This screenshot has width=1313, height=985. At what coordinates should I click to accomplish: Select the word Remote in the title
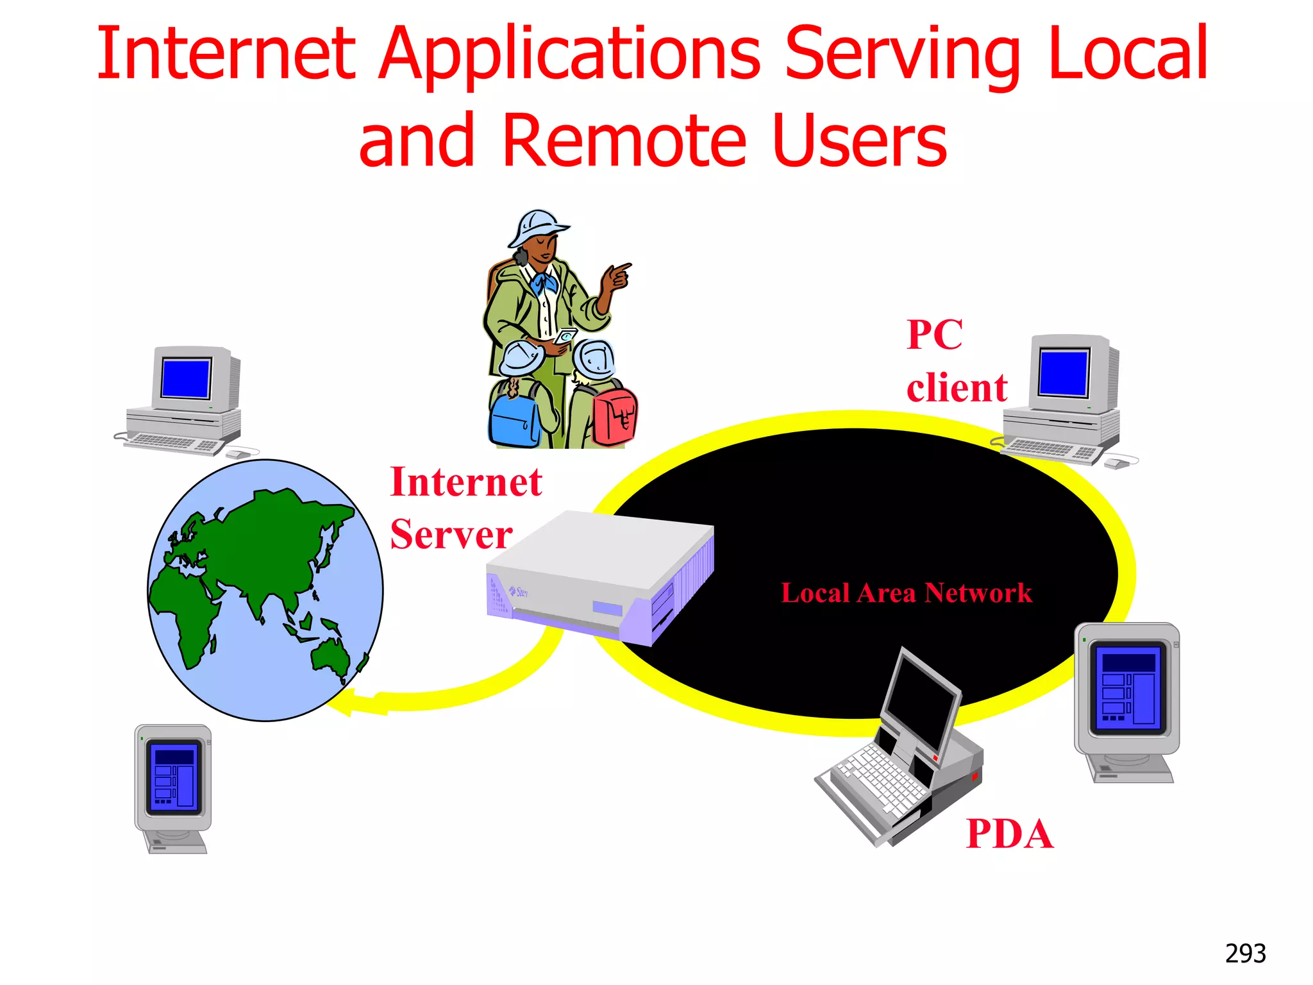[x=624, y=140]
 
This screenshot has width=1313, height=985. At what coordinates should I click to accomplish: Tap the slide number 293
[x=1245, y=954]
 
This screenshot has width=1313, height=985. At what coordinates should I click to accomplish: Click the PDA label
[x=1009, y=834]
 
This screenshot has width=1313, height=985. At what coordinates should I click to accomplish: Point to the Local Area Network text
[x=906, y=593]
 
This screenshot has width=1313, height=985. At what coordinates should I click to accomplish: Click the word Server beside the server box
[x=451, y=535]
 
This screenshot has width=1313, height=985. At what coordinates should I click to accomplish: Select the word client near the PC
[x=957, y=388]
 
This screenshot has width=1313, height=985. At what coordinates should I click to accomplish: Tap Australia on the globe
[x=330, y=657]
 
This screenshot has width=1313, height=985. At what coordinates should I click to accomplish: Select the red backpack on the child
[x=614, y=417]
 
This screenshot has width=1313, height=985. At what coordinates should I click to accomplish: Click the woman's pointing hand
[x=615, y=276]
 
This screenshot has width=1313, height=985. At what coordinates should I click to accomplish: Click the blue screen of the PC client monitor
[x=1064, y=373]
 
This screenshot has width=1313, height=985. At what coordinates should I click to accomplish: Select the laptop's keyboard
[x=878, y=782]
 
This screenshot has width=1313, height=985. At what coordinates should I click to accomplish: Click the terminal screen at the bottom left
[x=174, y=778]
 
